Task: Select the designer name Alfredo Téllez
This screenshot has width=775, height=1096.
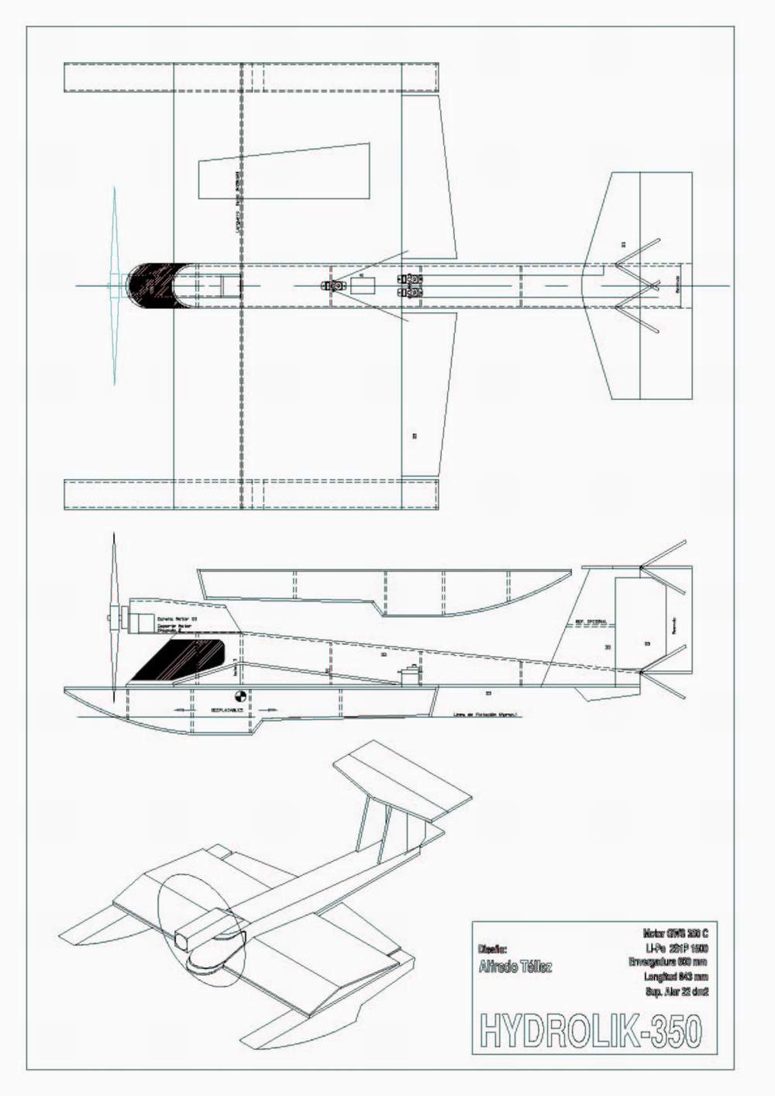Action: [515, 967]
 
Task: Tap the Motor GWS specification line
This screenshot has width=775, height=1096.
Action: [674, 934]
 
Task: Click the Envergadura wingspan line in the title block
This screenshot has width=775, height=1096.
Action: [668, 962]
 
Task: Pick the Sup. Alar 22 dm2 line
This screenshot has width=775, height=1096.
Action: [676, 991]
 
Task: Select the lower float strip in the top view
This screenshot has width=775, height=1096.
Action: [252, 494]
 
